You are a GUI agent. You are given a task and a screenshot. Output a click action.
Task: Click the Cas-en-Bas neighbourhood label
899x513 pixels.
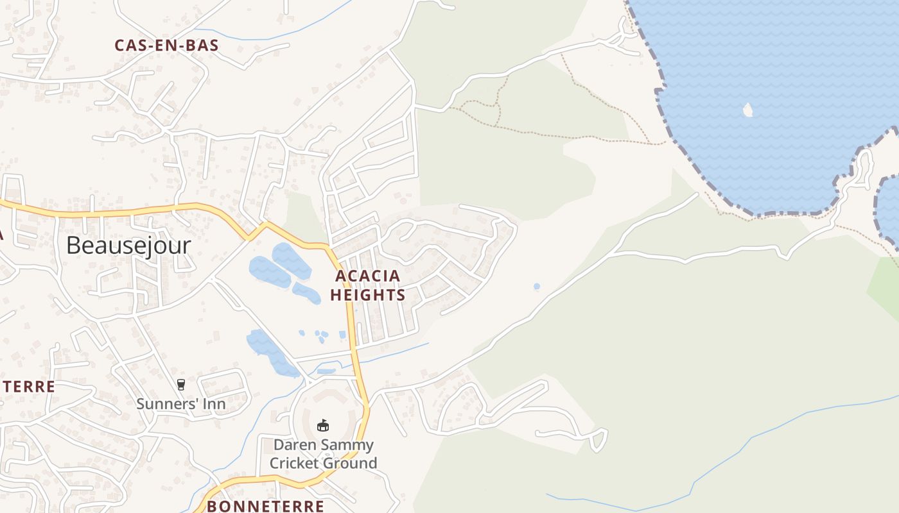(x=166, y=46)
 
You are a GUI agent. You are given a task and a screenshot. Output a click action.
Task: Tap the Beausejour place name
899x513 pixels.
(x=128, y=245)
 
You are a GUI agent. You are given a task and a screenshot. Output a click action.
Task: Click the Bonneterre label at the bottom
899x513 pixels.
(x=265, y=506)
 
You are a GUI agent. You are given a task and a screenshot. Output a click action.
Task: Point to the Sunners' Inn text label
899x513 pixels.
(x=180, y=404)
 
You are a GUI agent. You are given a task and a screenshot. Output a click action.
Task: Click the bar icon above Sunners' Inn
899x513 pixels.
(x=180, y=385)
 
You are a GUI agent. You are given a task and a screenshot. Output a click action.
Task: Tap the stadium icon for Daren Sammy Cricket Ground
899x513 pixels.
(x=323, y=425)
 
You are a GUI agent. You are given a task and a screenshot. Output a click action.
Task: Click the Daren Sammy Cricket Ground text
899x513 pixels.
(x=323, y=454)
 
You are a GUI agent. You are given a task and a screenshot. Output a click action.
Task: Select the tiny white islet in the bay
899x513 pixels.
(x=747, y=110)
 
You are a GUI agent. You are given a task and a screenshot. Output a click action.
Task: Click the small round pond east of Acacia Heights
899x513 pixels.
(x=537, y=287)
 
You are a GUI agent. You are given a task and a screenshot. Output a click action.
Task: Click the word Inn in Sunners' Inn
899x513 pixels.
(x=213, y=404)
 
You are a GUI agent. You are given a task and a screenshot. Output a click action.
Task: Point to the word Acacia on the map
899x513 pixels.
(x=367, y=276)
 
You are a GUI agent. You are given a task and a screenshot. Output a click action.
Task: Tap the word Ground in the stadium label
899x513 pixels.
(x=353, y=463)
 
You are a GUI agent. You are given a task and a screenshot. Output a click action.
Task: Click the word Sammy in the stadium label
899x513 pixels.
(x=349, y=444)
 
